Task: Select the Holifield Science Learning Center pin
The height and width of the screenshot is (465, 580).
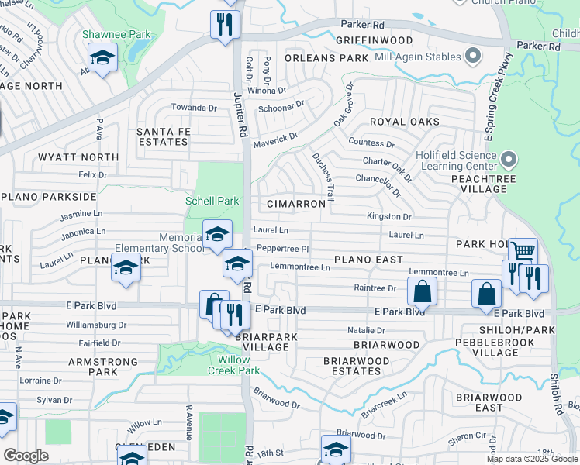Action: click(x=508, y=160)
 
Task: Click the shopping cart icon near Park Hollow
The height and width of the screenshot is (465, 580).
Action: click(x=523, y=251)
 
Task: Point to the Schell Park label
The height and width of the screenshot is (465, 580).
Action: click(x=212, y=201)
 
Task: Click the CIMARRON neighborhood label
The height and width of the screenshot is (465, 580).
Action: click(x=295, y=204)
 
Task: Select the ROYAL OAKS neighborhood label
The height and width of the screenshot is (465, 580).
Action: click(x=404, y=122)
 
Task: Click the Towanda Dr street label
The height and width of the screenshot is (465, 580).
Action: click(x=194, y=108)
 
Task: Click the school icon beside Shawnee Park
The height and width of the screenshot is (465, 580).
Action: click(x=102, y=57)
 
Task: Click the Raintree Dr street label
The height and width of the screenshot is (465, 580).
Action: click(x=375, y=288)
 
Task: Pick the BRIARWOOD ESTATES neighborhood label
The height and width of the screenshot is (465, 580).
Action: click(x=356, y=367)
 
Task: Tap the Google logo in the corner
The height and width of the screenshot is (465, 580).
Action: click(x=26, y=456)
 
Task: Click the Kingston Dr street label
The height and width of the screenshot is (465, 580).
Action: click(x=389, y=217)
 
